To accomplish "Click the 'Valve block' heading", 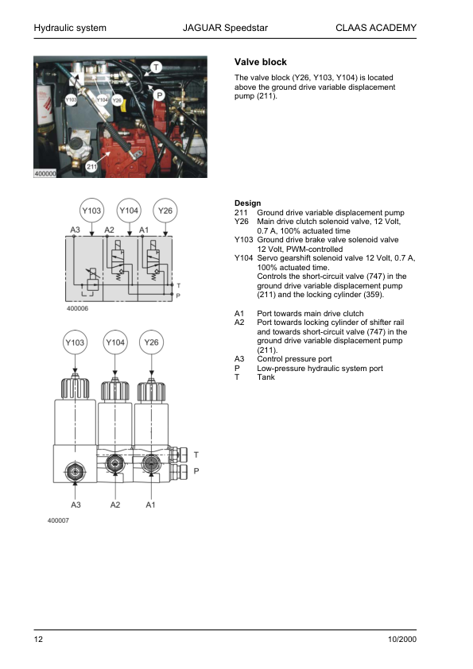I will (261, 62).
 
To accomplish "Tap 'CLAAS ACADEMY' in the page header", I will (377, 29).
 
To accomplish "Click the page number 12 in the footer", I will (38, 640).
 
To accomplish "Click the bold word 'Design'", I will (247, 203).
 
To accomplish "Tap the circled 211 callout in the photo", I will (91, 167).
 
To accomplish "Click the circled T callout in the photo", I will (156, 68).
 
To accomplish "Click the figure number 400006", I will (78, 308).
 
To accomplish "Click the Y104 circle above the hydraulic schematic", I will (129, 211).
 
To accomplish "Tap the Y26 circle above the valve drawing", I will (151, 342).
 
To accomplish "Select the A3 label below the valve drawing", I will (76, 505).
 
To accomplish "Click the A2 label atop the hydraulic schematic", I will (110, 230).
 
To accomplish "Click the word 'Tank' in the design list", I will (266, 377).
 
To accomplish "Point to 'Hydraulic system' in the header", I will (70, 29).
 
